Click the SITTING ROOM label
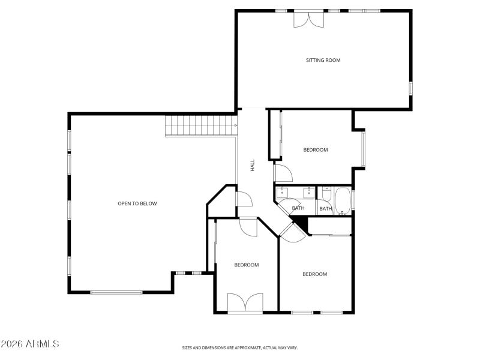tap(323, 60)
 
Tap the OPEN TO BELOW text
tap(137, 203)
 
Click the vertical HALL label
tap(253, 164)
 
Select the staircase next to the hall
tap(200, 125)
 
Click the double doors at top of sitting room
tap(307, 19)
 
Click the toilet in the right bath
tap(326, 194)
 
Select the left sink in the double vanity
tap(286, 192)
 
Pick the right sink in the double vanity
tap(308, 192)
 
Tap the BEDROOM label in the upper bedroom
tap(316, 150)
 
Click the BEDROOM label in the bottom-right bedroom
tap(314, 274)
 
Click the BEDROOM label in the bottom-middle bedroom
tap(246, 265)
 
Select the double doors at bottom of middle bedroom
tap(245, 302)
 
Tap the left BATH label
tap(298, 208)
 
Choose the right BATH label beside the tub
tap(325, 209)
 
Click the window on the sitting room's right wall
tap(411, 87)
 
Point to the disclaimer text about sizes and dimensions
tap(240, 347)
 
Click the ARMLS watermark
tap(30, 344)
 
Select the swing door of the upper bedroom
tap(283, 173)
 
